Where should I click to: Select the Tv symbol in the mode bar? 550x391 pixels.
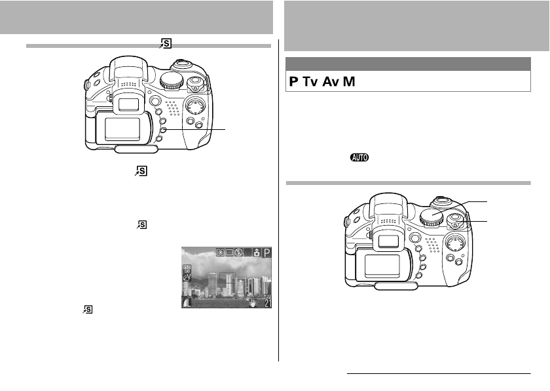[x=312, y=82]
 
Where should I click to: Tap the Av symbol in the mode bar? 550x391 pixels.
[x=332, y=82]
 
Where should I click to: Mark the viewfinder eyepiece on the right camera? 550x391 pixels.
[x=388, y=241]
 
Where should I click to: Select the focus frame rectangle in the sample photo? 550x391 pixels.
[x=227, y=281]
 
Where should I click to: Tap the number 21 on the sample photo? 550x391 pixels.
[x=266, y=302]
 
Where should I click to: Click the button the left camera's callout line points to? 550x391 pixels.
[x=164, y=130]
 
